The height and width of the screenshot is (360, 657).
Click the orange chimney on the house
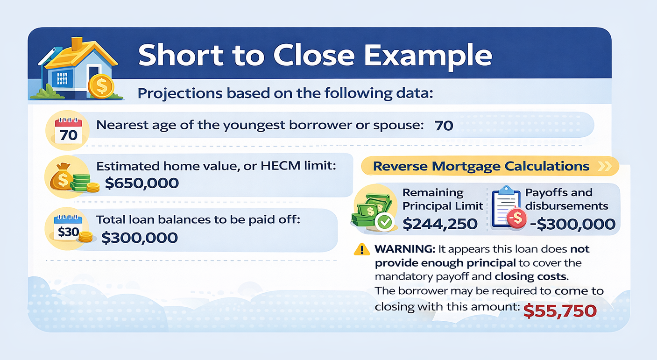[77, 44]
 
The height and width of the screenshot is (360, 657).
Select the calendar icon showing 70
[68, 131]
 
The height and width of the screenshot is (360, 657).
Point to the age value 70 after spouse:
[444, 126]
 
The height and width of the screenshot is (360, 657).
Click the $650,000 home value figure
[141, 183]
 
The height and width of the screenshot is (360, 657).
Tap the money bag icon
[61, 176]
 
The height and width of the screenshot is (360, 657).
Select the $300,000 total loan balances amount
[140, 238]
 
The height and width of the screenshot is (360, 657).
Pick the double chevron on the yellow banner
[605, 166]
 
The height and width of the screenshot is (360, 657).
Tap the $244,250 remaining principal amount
[440, 224]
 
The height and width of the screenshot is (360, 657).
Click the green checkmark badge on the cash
[385, 222]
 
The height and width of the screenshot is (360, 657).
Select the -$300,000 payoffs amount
[573, 224]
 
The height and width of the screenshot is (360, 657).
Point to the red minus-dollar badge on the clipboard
[517, 218]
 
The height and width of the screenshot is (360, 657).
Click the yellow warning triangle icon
[362, 249]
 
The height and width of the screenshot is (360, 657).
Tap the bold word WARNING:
[405, 249]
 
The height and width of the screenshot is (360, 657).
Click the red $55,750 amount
[560, 311]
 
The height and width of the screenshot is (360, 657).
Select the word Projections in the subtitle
[180, 93]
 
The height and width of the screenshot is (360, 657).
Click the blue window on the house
[62, 78]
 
